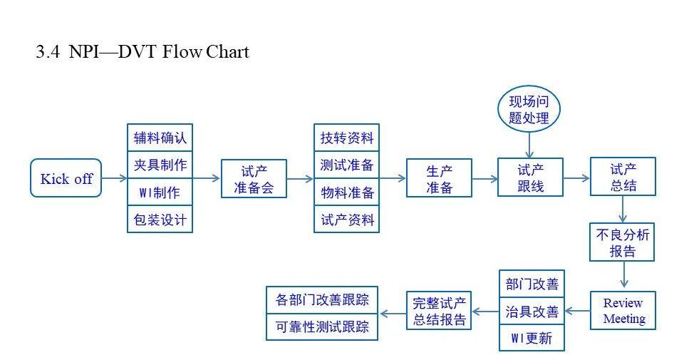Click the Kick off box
[x=66, y=178]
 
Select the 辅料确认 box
[x=160, y=138]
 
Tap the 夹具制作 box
[x=160, y=165]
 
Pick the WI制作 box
[x=160, y=192]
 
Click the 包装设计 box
[x=160, y=219]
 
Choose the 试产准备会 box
[x=254, y=178]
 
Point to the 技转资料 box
[x=347, y=138]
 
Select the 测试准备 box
[x=347, y=165]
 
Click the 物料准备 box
[x=347, y=192]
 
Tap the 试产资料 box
[x=347, y=219]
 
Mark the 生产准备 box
[x=439, y=178]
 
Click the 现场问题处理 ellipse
[x=529, y=110]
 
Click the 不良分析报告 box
[x=623, y=242]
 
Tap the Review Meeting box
[x=623, y=310]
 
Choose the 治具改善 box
[x=532, y=311]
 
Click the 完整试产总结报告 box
[x=440, y=311]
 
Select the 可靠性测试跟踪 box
[x=322, y=326]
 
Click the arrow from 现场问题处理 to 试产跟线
[x=529, y=145]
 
